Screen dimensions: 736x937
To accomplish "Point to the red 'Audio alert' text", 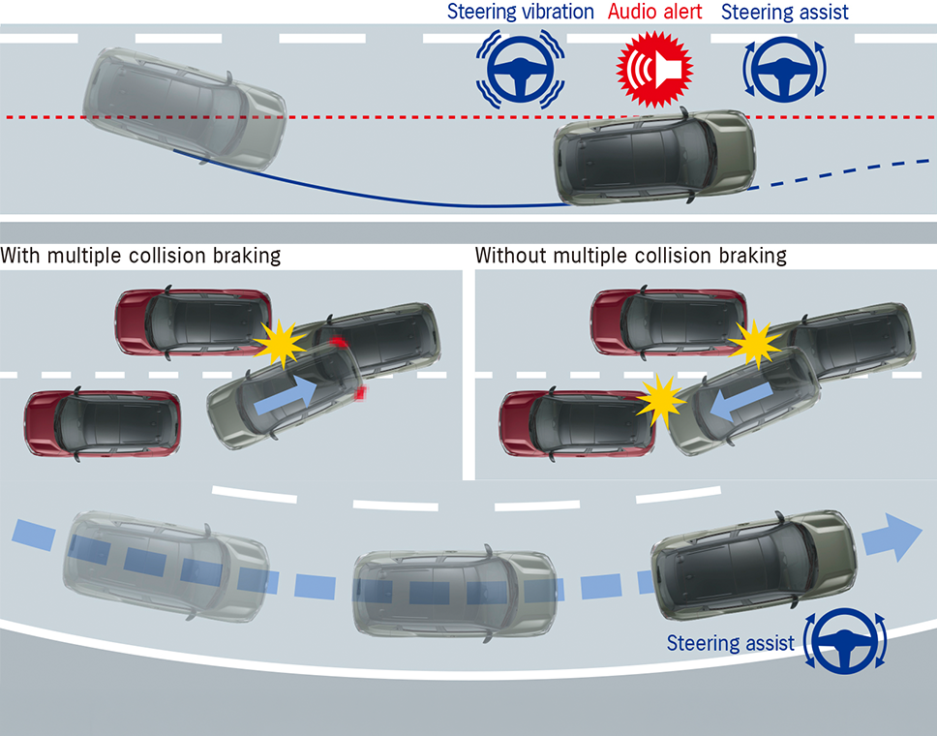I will coord(656,13).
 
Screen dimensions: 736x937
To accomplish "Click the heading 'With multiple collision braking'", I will coord(141,257).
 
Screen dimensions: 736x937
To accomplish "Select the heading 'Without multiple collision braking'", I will coord(631,257).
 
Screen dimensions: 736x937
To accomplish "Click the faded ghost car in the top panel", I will coord(184,107).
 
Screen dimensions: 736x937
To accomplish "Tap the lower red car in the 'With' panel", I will coord(103,423).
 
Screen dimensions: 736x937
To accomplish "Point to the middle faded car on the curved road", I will coord(454,591).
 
